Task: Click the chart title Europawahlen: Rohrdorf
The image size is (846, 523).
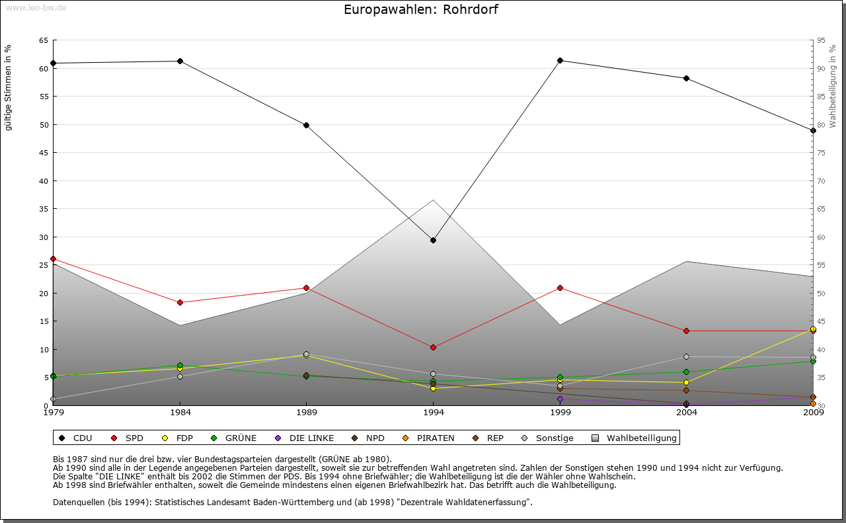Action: pyautogui.click(x=421, y=10)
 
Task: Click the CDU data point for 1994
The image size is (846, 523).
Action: pyautogui.click(x=433, y=240)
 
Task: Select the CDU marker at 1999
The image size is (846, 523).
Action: pyautogui.click(x=560, y=61)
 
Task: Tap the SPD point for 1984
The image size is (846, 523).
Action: pyautogui.click(x=180, y=302)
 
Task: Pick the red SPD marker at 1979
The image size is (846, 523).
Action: pyautogui.click(x=53, y=259)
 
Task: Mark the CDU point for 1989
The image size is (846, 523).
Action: pyautogui.click(x=306, y=125)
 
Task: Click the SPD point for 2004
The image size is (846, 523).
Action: pyautogui.click(x=686, y=331)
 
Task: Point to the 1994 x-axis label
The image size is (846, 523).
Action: pyautogui.click(x=433, y=413)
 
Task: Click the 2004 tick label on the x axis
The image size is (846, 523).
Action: pyautogui.click(x=686, y=413)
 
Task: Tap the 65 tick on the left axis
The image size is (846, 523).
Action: pyautogui.click(x=43, y=40)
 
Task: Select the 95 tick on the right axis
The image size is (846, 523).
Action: pyautogui.click(x=820, y=40)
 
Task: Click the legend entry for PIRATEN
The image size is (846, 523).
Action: pyautogui.click(x=430, y=438)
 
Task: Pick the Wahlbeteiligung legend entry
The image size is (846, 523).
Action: pyautogui.click(x=635, y=438)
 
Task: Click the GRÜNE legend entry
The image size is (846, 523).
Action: pyautogui.click(x=235, y=438)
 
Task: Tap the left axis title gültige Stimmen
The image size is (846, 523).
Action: pyautogui.click(x=9, y=88)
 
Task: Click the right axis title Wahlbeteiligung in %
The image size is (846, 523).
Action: pyautogui.click(x=833, y=87)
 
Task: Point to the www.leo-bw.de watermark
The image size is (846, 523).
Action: pyautogui.click(x=36, y=7)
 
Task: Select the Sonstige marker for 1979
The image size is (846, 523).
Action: pyautogui.click(x=53, y=399)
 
